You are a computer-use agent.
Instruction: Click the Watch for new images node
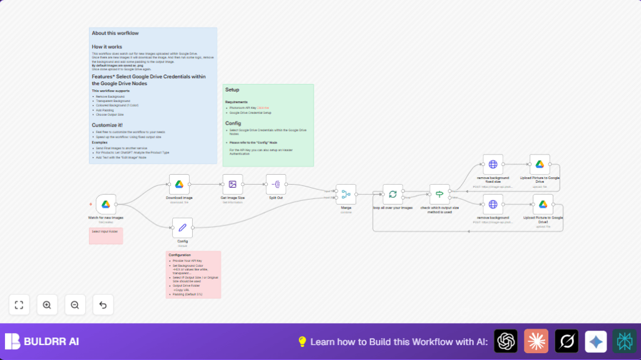(x=106, y=204)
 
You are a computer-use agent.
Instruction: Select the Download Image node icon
(x=179, y=184)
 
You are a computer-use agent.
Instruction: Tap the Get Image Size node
(x=232, y=184)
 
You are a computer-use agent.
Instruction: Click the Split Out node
(x=276, y=184)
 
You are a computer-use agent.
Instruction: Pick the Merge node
(x=346, y=194)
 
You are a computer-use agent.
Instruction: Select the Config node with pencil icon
(x=182, y=228)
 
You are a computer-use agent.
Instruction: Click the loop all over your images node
(x=393, y=194)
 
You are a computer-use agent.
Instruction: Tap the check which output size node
(x=439, y=194)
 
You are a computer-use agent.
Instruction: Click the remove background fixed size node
(x=493, y=164)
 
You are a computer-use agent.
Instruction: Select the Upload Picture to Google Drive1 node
(x=543, y=204)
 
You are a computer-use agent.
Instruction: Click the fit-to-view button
(x=19, y=305)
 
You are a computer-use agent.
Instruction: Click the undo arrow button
(x=103, y=305)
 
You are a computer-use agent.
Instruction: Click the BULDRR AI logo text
(x=51, y=342)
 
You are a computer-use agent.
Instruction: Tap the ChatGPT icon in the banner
(x=506, y=341)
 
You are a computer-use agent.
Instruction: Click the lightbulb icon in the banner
(x=302, y=341)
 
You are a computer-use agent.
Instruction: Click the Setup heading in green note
(x=232, y=90)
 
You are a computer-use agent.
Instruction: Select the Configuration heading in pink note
(x=180, y=255)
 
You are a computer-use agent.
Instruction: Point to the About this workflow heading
(x=115, y=33)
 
